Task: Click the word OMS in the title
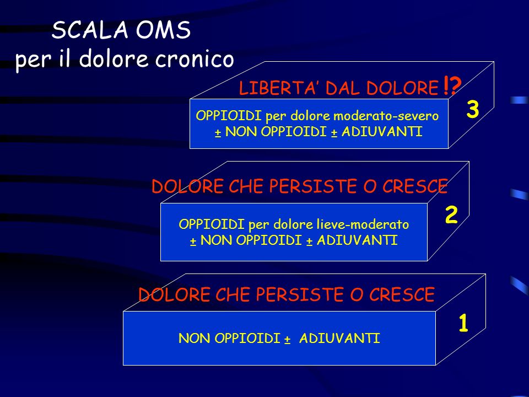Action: pos(163,30)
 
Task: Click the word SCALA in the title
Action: pos(90,30)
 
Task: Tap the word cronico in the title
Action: pos(195,59)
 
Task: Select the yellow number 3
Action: pos(473,109)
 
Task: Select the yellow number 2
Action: pos(451,214)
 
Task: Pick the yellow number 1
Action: pos(463,323)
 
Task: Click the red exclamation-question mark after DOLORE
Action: pos(451,86)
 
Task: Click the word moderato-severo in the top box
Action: pos(386,116)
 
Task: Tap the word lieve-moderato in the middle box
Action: pos(363,224)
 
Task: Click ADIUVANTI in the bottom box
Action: pos(339,338)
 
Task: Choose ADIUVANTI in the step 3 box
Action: pos(382,131)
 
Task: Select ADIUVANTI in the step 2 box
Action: pos(357,240)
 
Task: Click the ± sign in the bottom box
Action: pos(287,339)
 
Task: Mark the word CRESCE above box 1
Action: pos(402,294)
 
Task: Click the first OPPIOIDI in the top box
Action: pos(229,115)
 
